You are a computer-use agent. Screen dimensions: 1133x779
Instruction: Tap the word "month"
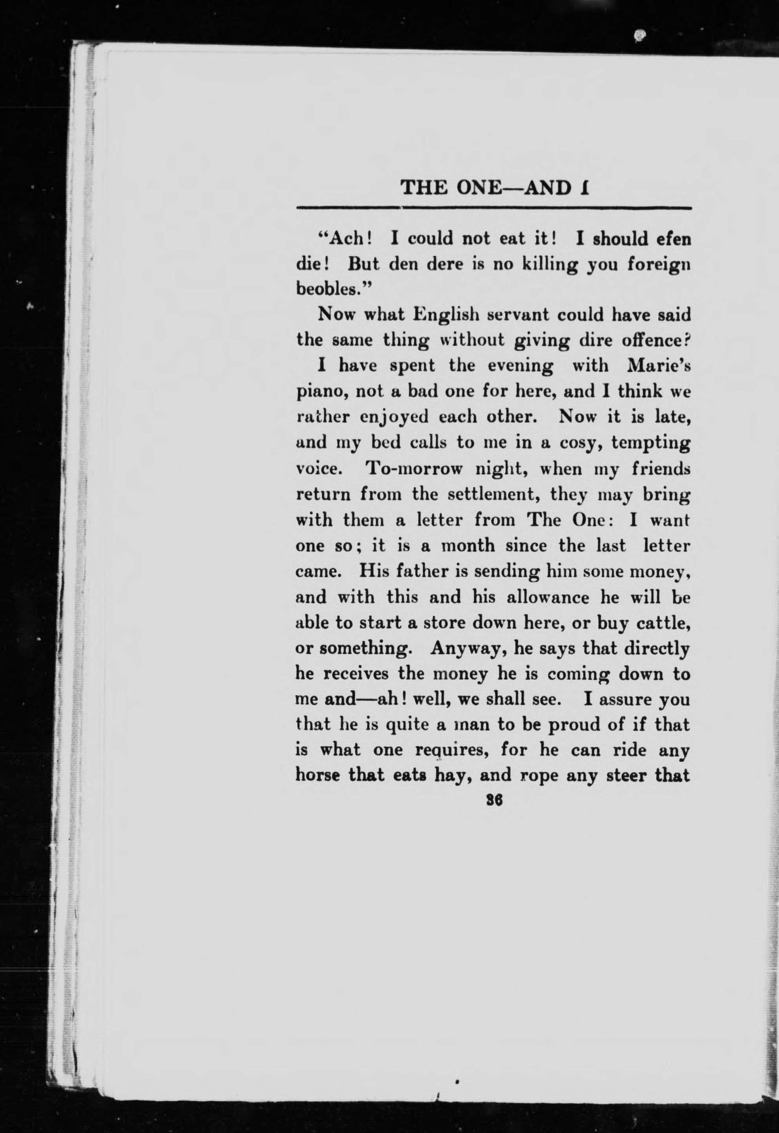[x=467, y=546]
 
